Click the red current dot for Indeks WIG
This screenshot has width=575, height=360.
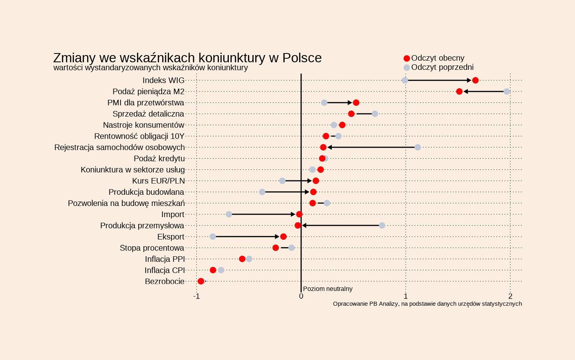click(x=475, y=80)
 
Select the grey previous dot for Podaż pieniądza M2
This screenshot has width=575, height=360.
click(x=506, y=91)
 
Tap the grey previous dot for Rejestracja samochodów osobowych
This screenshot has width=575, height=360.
click(x=418, y=147)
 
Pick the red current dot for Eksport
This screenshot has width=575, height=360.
click(x=284, y=237)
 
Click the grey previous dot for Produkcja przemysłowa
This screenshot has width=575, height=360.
click(x=382, y=225)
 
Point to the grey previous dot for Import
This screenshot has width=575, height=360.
click(x=229, y=214)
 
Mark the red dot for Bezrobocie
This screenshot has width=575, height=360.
click(x=201, y=281)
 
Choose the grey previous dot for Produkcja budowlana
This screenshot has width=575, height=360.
click(x=262, y=192)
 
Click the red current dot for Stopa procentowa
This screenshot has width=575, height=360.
click(x=276, y=248)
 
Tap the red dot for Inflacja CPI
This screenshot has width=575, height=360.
click(x=213, y=270)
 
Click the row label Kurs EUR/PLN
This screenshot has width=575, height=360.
click(x=159, y=181)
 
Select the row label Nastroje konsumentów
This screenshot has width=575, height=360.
click(x=144, y=125)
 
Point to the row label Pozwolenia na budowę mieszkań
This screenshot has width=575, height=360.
click(x=126, y=203)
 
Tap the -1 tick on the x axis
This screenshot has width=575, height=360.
click(x=196, y=296)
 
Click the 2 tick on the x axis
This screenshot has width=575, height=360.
click(x=510, y=296)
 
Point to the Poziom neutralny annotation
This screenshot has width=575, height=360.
click(x=327, y=289)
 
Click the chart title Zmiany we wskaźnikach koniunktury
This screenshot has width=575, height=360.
click(x=187, y=58)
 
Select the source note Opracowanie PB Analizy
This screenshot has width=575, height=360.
click(x=427, y=304)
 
